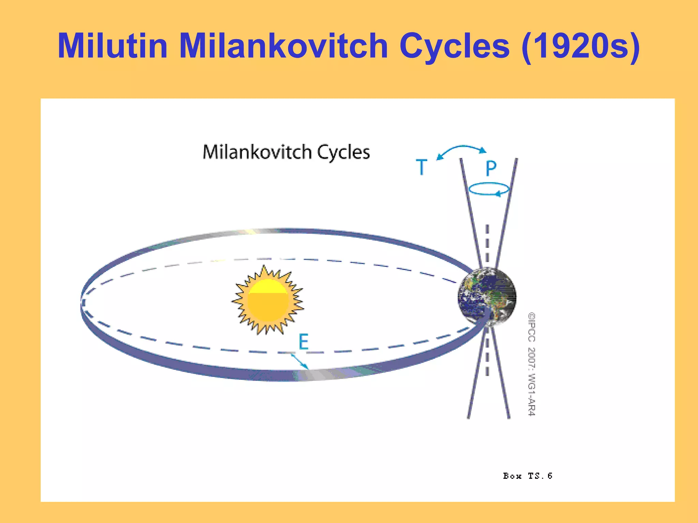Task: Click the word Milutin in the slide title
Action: click(x=113, y=46)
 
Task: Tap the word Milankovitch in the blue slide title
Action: click(x=283, y=46)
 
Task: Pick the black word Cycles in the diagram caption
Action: click(x=344, y=153)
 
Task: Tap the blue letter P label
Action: click(x=491, y=168)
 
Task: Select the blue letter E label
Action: click(x=304, y=342)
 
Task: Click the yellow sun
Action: click(x=268, y=300)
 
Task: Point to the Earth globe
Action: click(x=487, y=297)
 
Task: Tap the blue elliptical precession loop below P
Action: click(x=489, y=189)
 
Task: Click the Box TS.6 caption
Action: click(x=527, y=476)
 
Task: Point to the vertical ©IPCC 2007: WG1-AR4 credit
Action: click(x=532, y=364)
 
